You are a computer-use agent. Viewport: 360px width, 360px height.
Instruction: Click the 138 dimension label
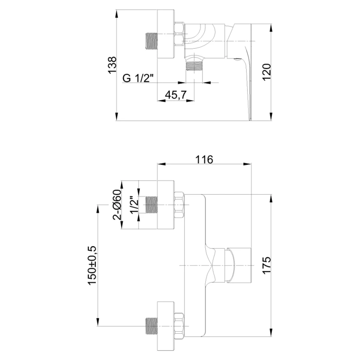click(112, 65)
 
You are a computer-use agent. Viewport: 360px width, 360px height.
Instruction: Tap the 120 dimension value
click(267, 72)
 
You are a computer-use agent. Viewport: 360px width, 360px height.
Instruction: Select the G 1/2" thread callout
click(138, 78)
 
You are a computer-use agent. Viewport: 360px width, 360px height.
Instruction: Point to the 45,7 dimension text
click(176, 94)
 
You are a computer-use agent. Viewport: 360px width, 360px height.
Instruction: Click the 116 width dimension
click(204, 160)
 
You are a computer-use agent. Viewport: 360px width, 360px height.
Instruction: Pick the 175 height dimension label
click(267, 266)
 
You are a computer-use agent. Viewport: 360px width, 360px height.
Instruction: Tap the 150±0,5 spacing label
click(92, 265)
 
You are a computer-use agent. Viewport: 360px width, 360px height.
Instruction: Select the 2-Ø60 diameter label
click(117, 204)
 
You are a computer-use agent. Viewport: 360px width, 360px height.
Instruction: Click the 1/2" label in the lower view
click(135, 205)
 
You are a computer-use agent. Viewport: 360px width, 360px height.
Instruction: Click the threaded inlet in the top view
click(152, 41)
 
